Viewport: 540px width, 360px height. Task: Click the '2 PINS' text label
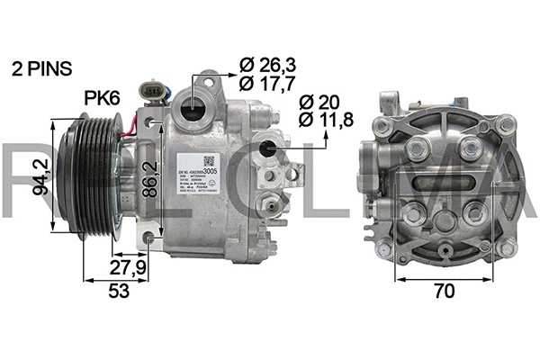[x=41, y=68]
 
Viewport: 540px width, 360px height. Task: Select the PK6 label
[x=103, y=97]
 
